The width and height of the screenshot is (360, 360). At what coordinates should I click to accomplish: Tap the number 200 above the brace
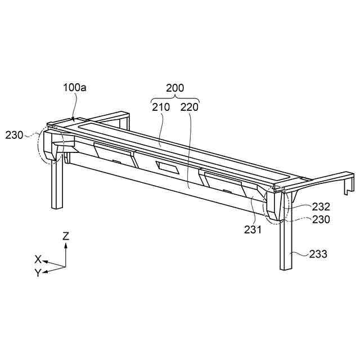point(175,88)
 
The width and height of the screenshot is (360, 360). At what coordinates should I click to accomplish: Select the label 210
point(160,106)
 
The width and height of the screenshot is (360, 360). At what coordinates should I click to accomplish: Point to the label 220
point(189,106)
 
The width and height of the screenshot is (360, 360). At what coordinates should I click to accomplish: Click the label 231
point(253,229)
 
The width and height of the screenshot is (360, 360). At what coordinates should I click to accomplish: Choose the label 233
point(318,254)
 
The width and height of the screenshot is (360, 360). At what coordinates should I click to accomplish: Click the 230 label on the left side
point(15,135)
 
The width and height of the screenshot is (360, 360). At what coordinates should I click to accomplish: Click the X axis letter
point(38,259)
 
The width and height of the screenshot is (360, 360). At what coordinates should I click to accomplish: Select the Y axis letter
point(37,273)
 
